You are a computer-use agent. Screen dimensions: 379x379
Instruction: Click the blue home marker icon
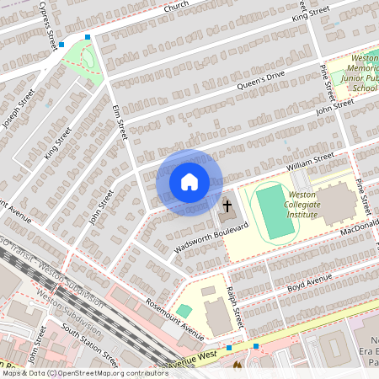189,182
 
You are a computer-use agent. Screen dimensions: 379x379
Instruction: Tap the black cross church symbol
227,205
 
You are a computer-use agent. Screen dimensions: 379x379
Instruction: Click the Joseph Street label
18,109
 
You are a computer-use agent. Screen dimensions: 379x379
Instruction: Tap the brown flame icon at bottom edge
237,366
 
